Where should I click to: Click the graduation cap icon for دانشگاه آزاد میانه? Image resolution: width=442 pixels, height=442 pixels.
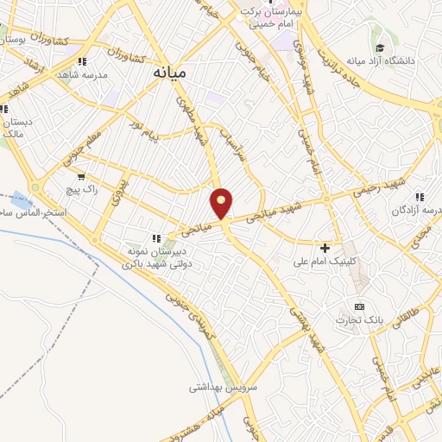point(380,48)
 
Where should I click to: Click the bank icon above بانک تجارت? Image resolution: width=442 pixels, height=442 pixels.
point(360,306)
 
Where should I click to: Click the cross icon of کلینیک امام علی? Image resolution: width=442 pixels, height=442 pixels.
point(325,247)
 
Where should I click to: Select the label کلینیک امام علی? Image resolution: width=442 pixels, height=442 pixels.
point(325,260)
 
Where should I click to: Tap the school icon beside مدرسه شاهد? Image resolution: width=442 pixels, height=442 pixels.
point(82,61)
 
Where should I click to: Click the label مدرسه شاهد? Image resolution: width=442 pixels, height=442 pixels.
point(90,74)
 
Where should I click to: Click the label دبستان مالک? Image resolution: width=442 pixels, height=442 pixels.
point(17,128)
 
